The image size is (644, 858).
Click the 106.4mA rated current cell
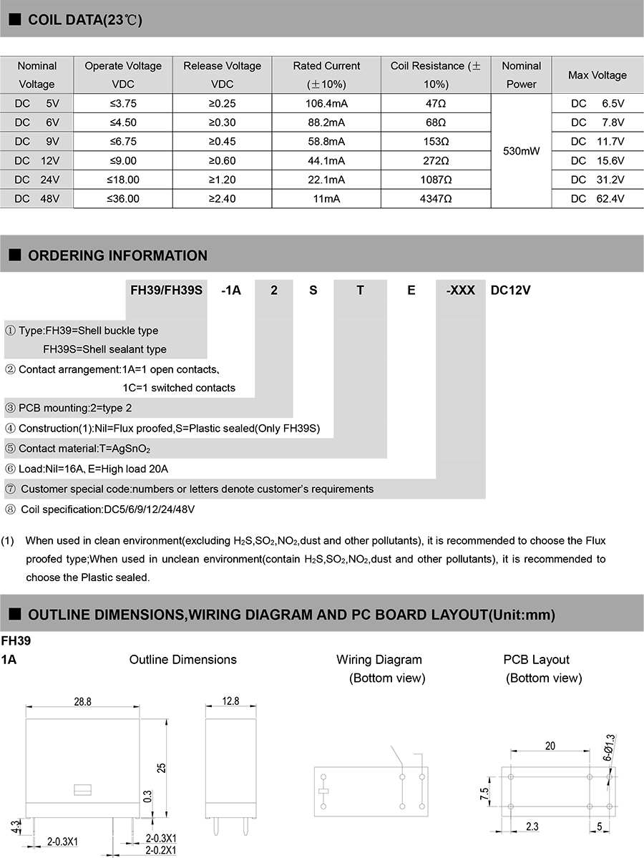[x=327, y=103]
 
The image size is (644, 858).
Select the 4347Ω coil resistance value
[x=436, y=198]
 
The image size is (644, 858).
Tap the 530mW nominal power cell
[x=522, y=151]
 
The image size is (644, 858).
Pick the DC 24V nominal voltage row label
[x=36, y=180]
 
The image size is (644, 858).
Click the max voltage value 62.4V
[x=598, y=198]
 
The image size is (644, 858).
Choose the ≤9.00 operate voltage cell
[x=123, y=160]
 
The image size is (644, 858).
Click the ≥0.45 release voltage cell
[x=222, y=141]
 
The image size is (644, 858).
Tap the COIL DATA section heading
[x=84, y=20]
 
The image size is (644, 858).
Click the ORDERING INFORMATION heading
[x=117, y=255]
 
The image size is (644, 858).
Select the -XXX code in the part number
[x=461, y=291]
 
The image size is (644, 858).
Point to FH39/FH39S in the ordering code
[x=167, y=291]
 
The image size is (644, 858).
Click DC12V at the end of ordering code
[x=510, y=291]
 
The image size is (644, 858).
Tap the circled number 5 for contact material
[x=10, y=449]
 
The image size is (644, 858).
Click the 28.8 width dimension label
[x=83, y=702]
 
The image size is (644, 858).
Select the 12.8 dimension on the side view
[x=230, y=702]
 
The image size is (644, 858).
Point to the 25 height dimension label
[x=162, y=767]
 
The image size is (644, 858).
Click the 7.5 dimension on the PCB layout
[x=484, y=793]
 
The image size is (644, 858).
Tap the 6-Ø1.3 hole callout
[x=609, y=746]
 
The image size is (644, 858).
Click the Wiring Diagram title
[x=379, y=660]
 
